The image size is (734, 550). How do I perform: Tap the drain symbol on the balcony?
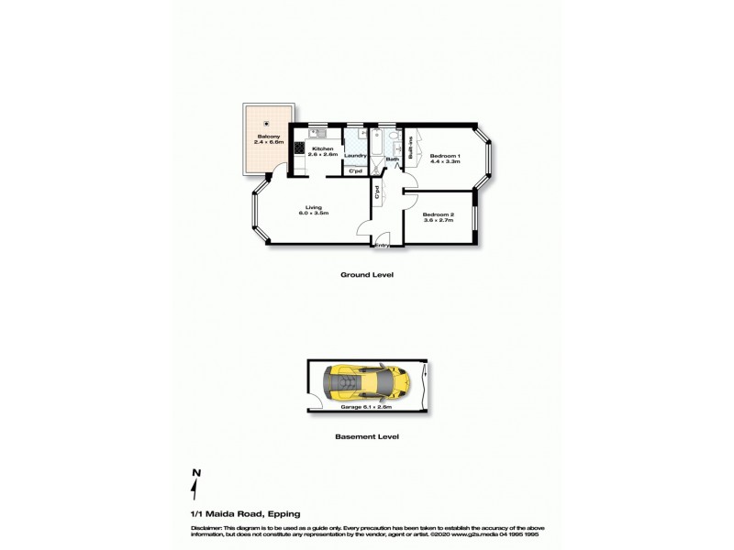click(x=267, y=124)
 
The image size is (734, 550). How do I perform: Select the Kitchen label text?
click(x=321, y=149)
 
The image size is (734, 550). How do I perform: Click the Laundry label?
click(x=355, y=156)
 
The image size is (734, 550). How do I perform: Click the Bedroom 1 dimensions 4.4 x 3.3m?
click(x=445, y=161)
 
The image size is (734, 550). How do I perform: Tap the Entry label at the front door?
click(x=383, y=245)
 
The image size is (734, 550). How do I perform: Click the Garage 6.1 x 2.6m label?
click(x=366, y=406)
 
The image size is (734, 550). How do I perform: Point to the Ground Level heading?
click(x=366, y=274)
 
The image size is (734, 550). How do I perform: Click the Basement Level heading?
click(x=366, y=437)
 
